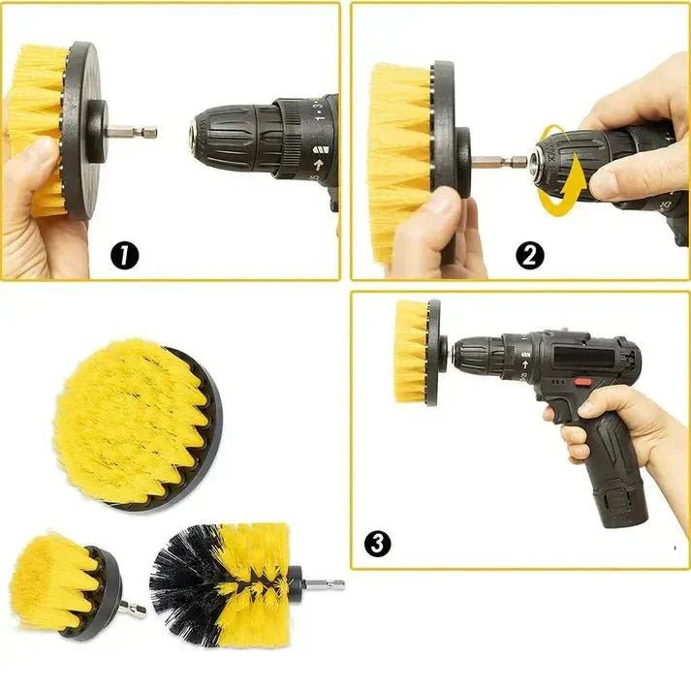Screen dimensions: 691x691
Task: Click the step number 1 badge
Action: click(x=125, y=256)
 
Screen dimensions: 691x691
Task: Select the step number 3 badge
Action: click(x=377, y=543)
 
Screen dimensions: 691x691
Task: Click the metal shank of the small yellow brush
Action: click(x=135, y=610)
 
